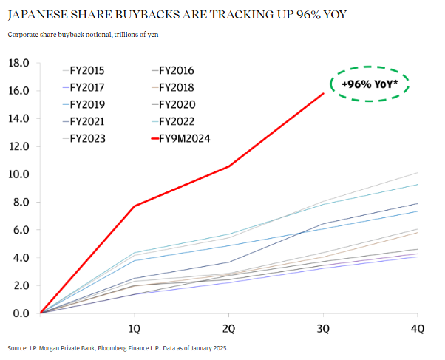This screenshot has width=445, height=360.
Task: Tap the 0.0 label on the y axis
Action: point(20,313)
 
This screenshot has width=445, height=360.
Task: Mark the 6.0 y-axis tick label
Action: point(20,230)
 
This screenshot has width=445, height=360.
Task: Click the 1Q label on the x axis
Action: point(135,327)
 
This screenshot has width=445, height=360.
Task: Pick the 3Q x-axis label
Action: point(324,327)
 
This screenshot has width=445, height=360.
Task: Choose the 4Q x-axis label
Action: point(418,327)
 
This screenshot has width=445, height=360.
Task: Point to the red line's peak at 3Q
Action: point(324,93)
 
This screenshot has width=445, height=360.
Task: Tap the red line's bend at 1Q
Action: point(135,206)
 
